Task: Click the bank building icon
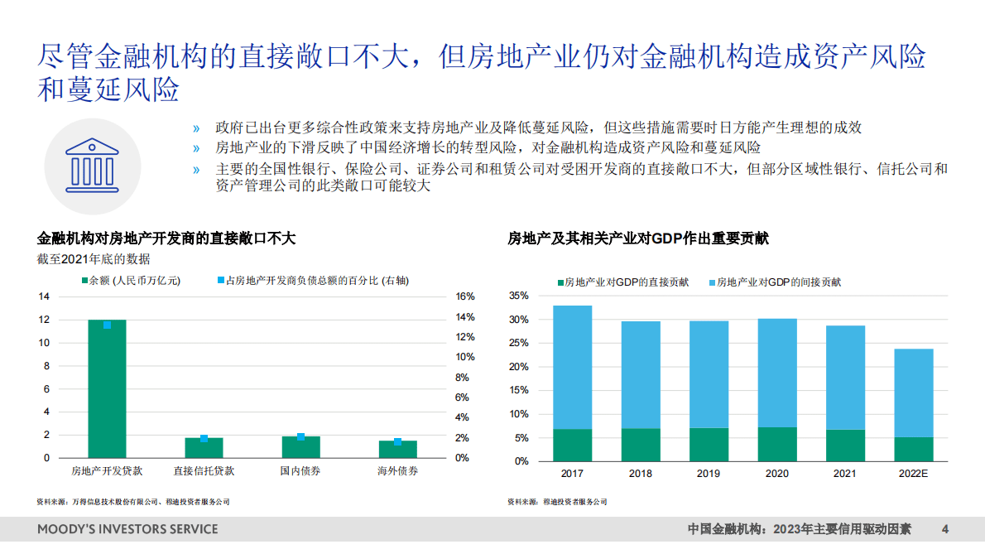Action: (81, 165)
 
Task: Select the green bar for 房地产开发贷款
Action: (107, 389)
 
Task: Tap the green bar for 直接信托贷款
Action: (204, 448)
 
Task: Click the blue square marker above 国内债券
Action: (300, 436)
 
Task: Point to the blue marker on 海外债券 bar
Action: (397, 441)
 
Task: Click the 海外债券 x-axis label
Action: (397, 471)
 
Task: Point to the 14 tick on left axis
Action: (44, 296)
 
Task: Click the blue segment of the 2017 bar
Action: (572, 367)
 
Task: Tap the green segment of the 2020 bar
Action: (777, 444)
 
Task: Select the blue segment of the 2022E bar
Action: (914, 393)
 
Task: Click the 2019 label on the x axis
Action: (709, 474)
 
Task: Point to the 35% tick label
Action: (518, 296)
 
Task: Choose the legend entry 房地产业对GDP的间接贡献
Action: (778, 282)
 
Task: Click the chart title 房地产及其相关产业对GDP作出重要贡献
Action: (637, 238)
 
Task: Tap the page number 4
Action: (945, 528)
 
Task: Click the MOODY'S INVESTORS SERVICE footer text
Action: (127, 528)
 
